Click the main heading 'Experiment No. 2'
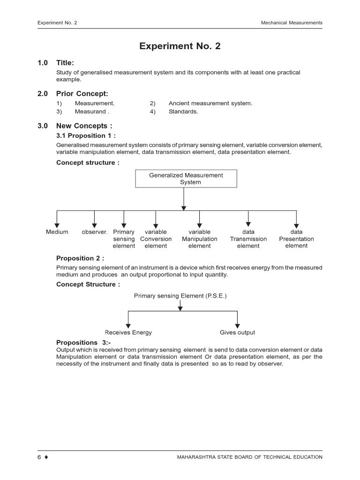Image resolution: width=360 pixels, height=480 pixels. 180,46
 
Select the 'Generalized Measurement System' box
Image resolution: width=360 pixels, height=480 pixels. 186,179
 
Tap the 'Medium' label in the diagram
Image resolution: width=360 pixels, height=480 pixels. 57,232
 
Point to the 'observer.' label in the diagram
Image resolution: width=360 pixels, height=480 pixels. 95,232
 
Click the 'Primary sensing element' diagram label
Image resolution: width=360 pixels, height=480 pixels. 124,239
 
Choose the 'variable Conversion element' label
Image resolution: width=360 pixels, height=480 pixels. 156,239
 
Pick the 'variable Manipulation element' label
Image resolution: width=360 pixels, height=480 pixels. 200,239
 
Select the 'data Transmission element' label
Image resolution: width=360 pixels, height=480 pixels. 248,239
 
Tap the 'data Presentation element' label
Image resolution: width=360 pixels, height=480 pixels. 296,239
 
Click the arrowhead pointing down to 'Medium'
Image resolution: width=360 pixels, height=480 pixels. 57,226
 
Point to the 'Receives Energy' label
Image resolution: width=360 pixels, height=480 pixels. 128,332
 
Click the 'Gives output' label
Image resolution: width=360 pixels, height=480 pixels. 237,332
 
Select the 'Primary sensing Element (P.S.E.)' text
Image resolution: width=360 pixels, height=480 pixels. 180,296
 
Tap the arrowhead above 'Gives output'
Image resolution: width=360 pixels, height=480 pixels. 237,326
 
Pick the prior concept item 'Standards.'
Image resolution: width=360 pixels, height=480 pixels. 183,112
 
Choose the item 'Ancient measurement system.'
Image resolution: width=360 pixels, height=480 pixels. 210,103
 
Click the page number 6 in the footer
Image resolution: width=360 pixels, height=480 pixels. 40,457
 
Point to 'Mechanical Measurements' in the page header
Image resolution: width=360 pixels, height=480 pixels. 292,22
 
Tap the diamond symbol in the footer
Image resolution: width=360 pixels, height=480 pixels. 46,457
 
